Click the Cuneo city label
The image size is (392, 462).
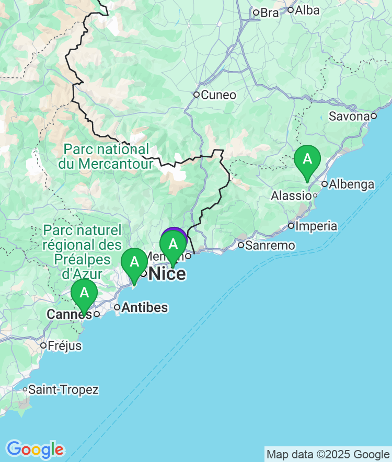pos(218,95)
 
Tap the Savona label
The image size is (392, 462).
pos(349,116)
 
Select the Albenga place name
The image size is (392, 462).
pos(352,184)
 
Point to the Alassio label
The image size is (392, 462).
pos(291,195)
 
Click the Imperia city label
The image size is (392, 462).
pos(316,226)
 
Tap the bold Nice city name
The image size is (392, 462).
pos(167,273)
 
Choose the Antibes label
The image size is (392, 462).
pos(145,307)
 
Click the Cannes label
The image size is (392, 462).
pos(69,314)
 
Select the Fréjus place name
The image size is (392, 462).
pos(64,345)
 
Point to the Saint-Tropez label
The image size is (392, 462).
pos(63,389)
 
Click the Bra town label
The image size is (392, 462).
pos(270,13)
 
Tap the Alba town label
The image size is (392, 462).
pos(307,10)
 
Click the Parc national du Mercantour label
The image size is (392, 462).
pos(106,156)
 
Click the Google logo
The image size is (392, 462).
pos(35,449)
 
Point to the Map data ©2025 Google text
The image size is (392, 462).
pos(328,454)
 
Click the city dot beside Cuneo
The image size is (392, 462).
pos(196,95)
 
